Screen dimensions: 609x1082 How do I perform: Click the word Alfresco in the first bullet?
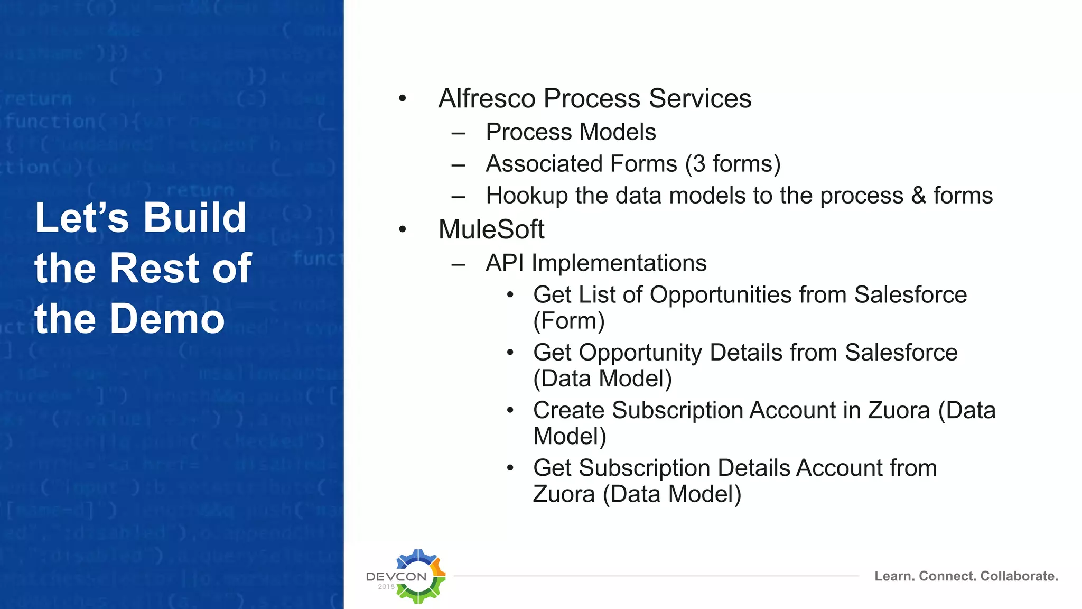[x=487, y=98]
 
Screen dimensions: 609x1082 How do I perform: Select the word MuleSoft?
[x=491, y=229]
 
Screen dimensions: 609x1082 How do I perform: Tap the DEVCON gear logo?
[x=419, y=576]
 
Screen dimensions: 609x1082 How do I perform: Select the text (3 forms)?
[x=732, y=164]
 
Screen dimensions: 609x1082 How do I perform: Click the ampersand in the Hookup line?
[x=918, y=196]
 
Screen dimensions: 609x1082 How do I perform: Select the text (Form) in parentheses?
[x=568, y=321]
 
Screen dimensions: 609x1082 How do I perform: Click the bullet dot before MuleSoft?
[x=403, y=229]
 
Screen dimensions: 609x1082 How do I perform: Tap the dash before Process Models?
[x=458, y=133]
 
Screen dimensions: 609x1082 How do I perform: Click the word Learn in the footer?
[x=893, y=576]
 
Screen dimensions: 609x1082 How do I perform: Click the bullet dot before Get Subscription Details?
[x=510, y=468]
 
